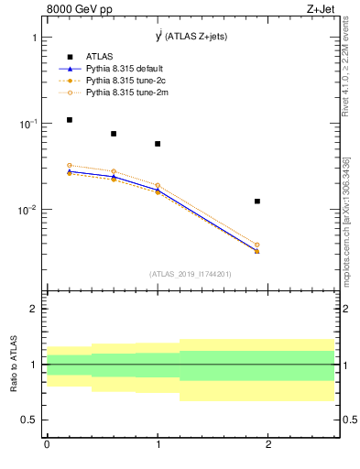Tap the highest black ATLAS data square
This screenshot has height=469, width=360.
pyautogui.click(x=69, y=120)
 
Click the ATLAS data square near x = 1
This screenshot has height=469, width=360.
pyautogui.click(x=158, y=144)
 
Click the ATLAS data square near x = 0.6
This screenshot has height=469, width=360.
pyautogui.click(x=114, y=134)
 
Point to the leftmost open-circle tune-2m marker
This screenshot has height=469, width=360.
pyautogui.click(x=69, y=166)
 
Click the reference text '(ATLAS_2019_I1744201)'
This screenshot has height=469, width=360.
pyautogui.click(x=191, y=274)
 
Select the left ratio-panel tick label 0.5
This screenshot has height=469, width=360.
pyautogui.click(x=29, y=420)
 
